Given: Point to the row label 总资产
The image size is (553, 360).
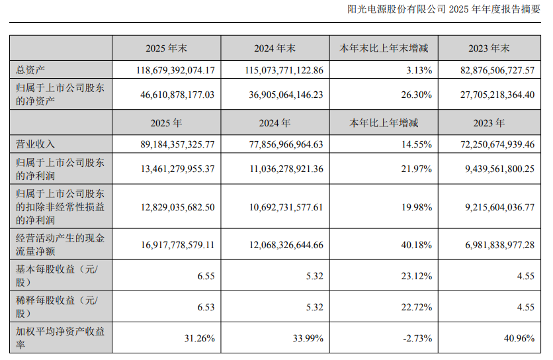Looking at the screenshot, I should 30,69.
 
